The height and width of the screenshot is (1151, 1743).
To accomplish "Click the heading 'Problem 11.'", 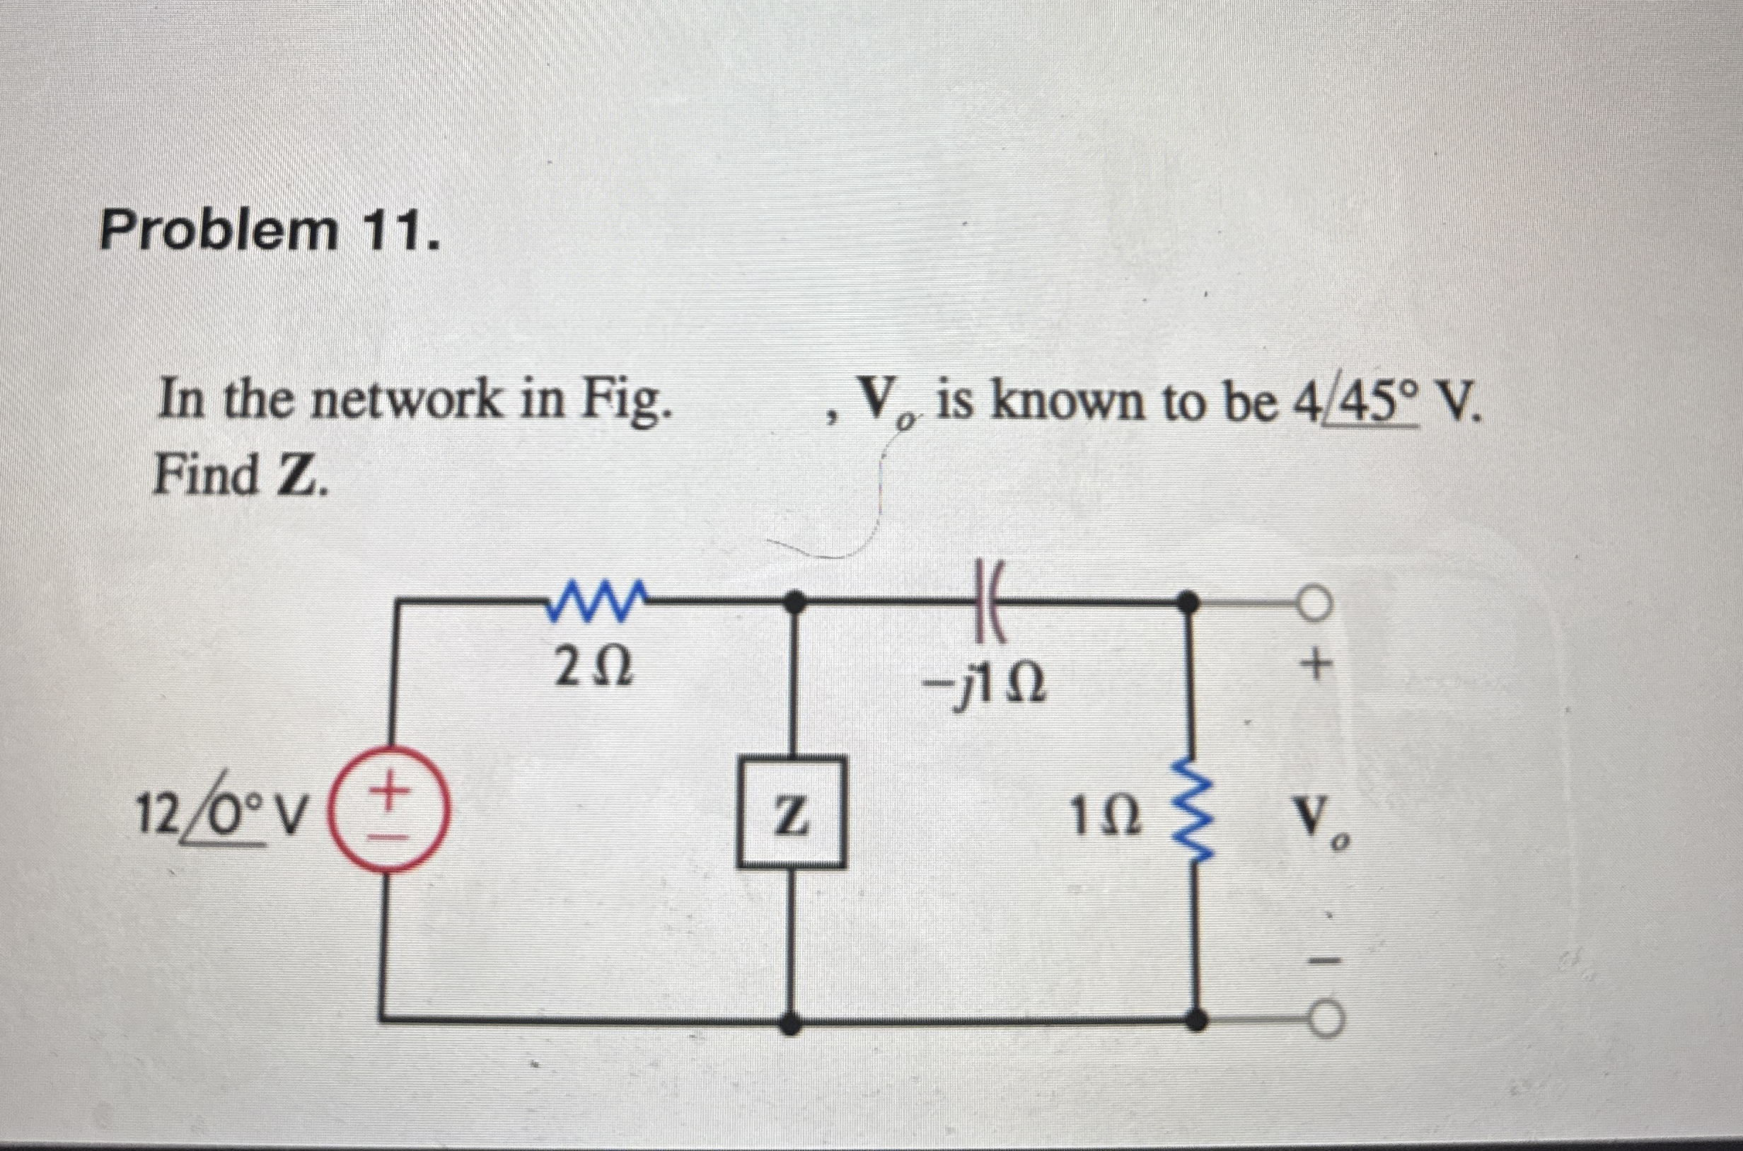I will click(270, 230).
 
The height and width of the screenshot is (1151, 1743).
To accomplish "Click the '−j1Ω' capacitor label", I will click(985, 688).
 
